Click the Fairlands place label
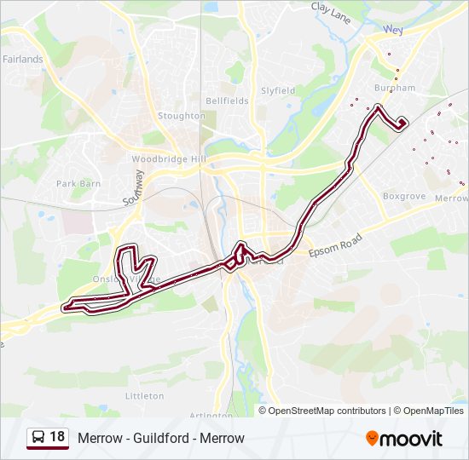(x=23, y=60)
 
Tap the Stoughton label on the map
(x=182, y=116)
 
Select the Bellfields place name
(x=227, y=101)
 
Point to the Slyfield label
(x=278, y=90)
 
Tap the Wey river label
(x=393, y=29)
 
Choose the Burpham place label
(x=395, y=88)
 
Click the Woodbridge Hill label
(x=169, y=159)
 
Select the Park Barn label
(x=78, y=183)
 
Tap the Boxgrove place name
(x=404, y=196)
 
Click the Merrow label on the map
(x=451, y=198)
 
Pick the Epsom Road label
(x=336, y=246)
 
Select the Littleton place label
(x=144, y=396)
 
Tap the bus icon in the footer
(x=38, y=437)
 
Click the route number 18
(x=57, y=437)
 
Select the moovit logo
(x=404, y=439)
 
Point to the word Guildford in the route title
(x=161, y=439)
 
